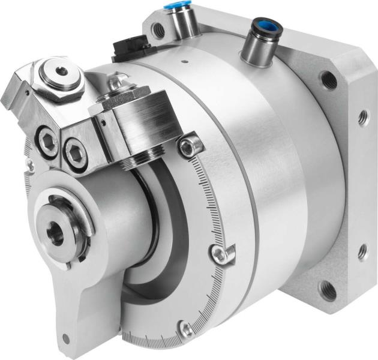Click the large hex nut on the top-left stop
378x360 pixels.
pos(61,74)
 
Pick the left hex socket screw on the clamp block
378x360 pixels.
pos(49,143)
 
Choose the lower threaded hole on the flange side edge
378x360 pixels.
pos(362,252)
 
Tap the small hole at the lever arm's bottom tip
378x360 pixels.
pos(65,339)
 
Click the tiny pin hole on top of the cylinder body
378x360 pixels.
pos(187,61)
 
